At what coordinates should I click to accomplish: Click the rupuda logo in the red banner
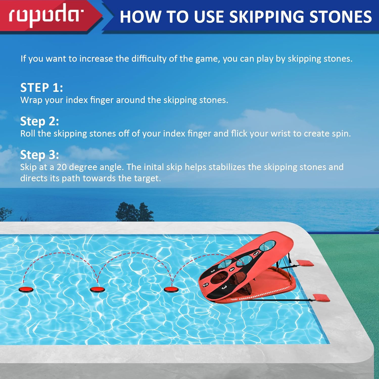(x=46, y=15)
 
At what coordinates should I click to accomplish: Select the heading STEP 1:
(x=41, y=88)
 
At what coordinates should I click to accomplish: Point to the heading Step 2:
(x=40, y=122)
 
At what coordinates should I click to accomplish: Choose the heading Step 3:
(x=40, y=155)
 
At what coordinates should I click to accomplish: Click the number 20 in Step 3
(x=61, y=167)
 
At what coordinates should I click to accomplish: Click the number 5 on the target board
(x=256, y=253)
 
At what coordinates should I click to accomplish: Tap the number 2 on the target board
(x=206, y=285)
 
